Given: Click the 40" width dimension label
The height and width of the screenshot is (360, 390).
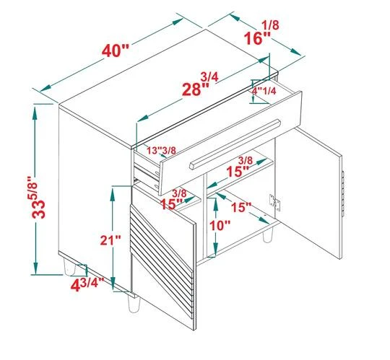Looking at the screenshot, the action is [x=115, y=51].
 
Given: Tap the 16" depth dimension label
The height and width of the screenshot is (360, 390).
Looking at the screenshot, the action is [x=257, y=38].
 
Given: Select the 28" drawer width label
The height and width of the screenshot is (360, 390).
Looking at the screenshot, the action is [x=196, y=89].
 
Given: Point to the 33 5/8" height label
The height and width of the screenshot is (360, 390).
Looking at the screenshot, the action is [x=38, y=197].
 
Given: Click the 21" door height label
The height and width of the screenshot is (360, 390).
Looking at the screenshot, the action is [x=110, y=240].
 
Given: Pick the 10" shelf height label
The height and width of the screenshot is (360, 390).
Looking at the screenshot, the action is [x=220, y=226].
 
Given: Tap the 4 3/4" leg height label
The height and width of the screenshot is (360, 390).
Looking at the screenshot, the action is [x=87, y=285].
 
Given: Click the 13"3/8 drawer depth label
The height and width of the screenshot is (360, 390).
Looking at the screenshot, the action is [x=161, y=150].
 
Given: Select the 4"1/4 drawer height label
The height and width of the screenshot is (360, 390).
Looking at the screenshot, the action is [x=264, y=91].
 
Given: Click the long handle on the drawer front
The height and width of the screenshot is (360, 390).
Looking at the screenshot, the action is [x=235, y=144].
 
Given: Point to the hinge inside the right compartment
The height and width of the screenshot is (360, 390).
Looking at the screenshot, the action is [x=275, y=203].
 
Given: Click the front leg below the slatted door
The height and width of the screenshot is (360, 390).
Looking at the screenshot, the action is [x=134, y=304].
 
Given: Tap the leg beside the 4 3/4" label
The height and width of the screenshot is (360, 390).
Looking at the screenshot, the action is [x=69, y=267].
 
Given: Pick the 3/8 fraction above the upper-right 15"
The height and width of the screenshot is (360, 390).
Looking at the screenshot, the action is [x=246, y=160].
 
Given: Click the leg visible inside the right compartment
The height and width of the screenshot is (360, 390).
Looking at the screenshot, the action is [x=268, y=235].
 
